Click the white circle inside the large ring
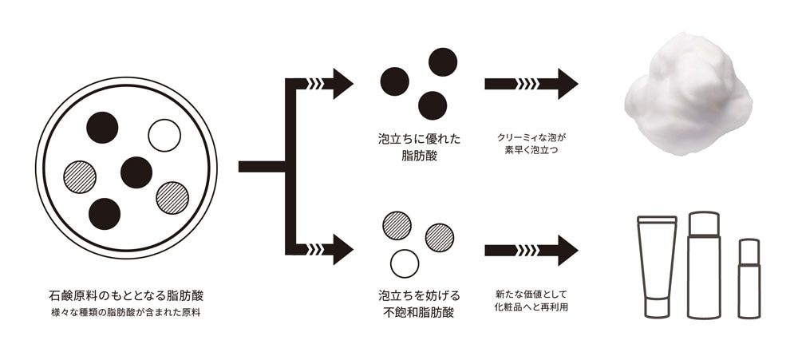click(x=165, y=135)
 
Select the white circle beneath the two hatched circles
click(x=405, y=263)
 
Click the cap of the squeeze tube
click(x=657, y=307)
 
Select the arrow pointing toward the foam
click(x=531, y=84)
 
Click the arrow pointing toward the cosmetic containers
click(x=531, y=250)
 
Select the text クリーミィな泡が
click(x=525, y=136)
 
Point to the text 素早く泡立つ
click(x=525, y=150)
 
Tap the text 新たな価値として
click(x=525, y=293)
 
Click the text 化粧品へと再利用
click(x=525, y=307)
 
